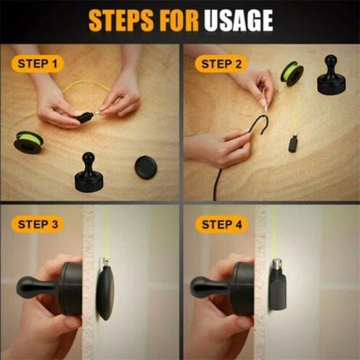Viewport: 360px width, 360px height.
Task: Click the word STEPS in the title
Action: pos(121,21)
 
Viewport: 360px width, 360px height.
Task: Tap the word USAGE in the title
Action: pos(238,21)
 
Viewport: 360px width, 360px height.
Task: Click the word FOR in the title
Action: pos(179,21)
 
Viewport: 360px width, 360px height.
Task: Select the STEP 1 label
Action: pos(38,64)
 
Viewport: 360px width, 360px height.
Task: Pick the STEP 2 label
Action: pos(221,64)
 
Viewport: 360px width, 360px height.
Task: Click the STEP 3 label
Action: pos(38,224)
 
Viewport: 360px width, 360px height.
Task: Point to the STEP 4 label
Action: pos(221,224)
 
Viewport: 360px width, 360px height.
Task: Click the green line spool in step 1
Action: pos(28,142)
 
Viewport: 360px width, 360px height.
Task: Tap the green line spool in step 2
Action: pos(292,73)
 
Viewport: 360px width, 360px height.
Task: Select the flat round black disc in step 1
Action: pos(146,167)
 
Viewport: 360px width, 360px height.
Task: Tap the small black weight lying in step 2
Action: pos(293,144)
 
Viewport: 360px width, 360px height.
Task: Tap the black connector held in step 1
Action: pos(84,117)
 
